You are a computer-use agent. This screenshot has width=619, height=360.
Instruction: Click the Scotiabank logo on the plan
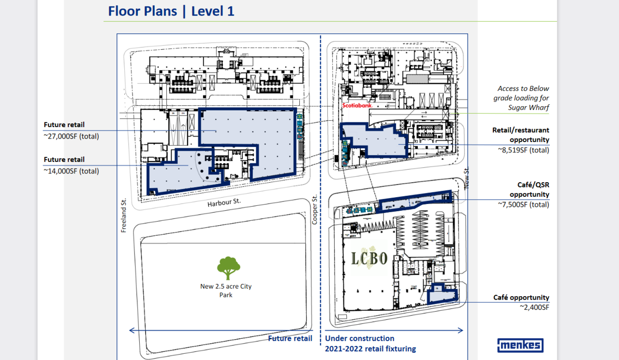click(357, 105)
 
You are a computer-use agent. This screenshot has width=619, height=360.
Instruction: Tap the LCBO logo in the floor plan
click(369, 258)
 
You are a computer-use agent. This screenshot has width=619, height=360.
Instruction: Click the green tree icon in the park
click(229, 268)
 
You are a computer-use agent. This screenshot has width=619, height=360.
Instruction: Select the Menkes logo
click(520, 346)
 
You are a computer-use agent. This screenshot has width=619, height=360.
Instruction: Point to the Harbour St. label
click(224, 202)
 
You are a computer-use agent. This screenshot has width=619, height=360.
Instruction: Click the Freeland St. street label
click(123, 216)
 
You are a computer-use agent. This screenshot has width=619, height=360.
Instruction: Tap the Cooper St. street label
click(314, 210)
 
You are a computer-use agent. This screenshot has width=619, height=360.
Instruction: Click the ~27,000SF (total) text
click(71, 136)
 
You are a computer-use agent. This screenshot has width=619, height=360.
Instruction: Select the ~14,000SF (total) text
click(71, 171)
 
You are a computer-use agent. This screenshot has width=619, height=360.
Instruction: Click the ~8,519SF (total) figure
click(524, 150)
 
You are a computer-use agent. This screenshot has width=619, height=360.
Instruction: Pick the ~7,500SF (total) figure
click(524, 204)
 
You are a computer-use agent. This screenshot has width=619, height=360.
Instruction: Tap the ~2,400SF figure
click(534, 307)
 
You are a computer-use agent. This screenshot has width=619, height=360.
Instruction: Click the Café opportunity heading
click(521, 297)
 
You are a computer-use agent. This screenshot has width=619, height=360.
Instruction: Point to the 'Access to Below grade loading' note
click(521, 98)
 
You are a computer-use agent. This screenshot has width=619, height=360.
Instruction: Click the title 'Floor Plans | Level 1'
click(171, 11)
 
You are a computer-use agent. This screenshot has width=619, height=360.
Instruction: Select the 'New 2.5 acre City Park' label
click(226, 290)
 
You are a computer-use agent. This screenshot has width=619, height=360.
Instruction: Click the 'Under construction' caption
click(359, 338)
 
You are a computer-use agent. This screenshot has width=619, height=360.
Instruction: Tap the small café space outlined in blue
click(442, 295)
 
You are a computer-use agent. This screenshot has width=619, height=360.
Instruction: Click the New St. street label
click(467, 178)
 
